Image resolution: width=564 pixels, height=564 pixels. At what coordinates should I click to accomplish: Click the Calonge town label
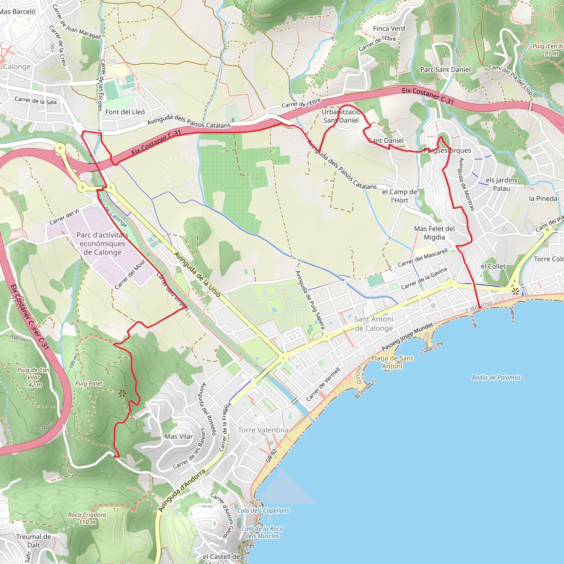point(17,67)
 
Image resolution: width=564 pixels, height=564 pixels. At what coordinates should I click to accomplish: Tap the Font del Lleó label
point(125,112)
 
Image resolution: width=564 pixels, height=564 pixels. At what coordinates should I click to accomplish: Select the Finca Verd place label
point(389,28)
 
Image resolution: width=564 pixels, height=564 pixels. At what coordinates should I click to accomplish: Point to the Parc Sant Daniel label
point(445,69)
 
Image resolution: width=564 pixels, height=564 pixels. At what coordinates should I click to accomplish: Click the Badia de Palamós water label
point(496,378)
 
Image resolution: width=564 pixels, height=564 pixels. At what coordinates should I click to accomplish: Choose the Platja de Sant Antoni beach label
point(392,362)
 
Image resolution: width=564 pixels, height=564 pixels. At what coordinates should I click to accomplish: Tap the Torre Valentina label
point(263,430)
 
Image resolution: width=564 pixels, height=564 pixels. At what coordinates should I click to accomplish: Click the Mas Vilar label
point(179,436)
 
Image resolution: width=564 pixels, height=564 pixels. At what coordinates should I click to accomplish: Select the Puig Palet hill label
point(89,384)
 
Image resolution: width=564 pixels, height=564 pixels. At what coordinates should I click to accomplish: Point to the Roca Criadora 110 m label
point(87,518)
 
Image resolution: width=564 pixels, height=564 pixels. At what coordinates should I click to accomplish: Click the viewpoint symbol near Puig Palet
point(122,394)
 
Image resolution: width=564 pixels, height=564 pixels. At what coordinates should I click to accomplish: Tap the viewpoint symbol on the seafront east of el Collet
point(515,291)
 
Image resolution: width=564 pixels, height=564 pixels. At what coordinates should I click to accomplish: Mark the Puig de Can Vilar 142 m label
point(34,377)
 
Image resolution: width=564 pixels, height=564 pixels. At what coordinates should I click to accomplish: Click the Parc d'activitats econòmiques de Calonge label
point(102,243)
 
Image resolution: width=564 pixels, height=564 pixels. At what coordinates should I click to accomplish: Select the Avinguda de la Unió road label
point(197,274)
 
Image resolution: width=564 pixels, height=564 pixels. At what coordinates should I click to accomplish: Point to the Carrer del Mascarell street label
point(422,257)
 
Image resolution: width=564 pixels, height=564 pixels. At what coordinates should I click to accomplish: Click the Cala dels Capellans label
point(263,511)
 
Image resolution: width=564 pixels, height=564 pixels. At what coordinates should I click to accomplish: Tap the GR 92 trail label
point(271,456)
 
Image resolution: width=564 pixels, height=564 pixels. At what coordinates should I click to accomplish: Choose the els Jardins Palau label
point(501,184)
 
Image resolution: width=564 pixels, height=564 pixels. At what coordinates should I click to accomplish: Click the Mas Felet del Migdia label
point(434,233)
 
